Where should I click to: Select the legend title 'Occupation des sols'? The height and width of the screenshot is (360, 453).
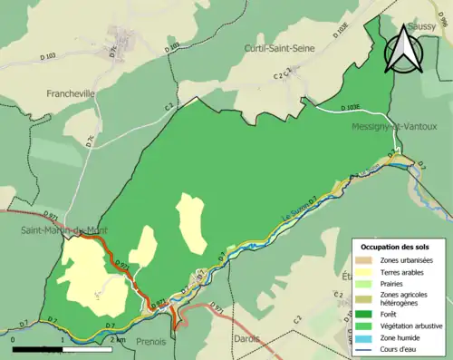[401, 247]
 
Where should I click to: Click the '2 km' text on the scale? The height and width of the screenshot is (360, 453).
[118, 339]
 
